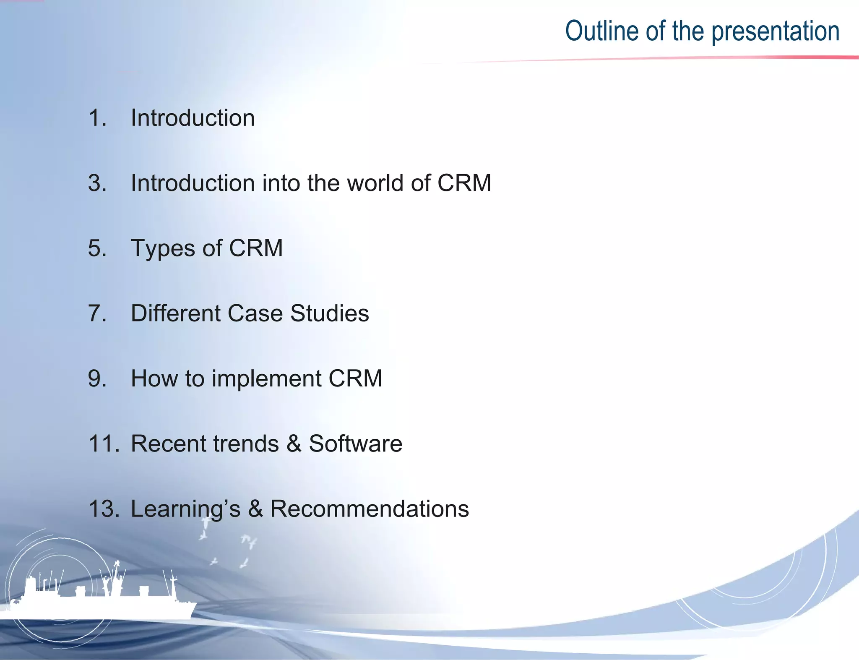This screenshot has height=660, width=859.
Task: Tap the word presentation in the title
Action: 776,32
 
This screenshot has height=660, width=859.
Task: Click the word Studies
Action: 329,313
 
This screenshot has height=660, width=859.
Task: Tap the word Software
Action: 355,443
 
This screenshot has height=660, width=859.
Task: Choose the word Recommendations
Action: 369,509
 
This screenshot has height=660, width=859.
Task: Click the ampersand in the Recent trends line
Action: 294,443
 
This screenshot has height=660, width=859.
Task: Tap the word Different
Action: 175,313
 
